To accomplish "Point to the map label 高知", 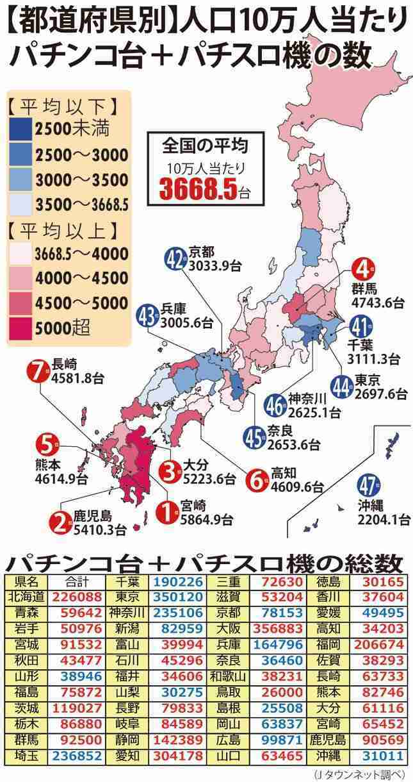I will pyautogui.click(x=284, y=473).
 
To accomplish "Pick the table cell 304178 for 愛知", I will pyautogui.click(x=178, y=756).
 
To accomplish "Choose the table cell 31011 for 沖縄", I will pyautogui.click(x=382, y=756).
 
